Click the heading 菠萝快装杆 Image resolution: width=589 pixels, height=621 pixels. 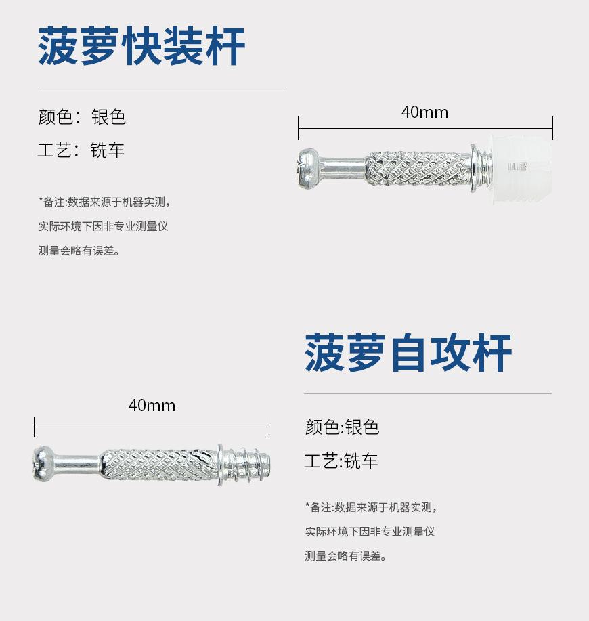coord(141,47)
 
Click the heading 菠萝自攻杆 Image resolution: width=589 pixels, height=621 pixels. coord(408,353)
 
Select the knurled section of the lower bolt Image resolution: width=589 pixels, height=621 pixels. coord(159,465)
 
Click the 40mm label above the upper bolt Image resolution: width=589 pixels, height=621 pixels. coord(424,112)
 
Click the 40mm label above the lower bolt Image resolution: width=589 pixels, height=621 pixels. coord(152,406)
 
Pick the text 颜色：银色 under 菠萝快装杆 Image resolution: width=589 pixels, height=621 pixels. coord(82,117)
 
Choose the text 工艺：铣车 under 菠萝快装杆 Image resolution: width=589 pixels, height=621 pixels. coord(81,150)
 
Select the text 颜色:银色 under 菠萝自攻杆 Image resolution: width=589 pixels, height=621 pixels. coord(342,427)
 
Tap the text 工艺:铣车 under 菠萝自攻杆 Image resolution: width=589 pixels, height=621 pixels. coord(341,462)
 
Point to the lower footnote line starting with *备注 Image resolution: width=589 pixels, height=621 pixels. coord(371,507)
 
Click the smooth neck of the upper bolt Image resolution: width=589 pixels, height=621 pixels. coord(343,165)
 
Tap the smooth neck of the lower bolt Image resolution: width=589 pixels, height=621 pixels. coord(76,464)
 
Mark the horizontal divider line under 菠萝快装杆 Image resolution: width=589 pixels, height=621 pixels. coord(162,87)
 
